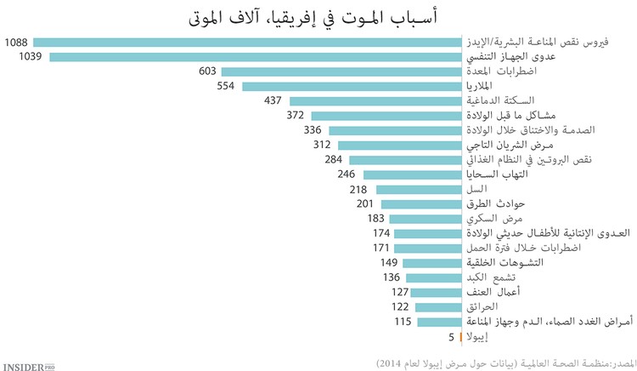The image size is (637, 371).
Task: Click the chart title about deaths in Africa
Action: pyautogui.click(x=318, y=16)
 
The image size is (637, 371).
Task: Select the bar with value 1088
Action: pyautogui.click(x=246, y=42)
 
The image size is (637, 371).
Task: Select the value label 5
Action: pyautogui.click(x=449, y=336)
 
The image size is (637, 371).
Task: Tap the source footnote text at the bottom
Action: pyautogui.click(x=505, y=360)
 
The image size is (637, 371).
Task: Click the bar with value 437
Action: pyautogui.click(x=375, y=100)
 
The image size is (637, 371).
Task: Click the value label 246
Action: pyautogui.click(x=347, y=174)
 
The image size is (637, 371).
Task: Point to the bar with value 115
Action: pyautogui.click(x=438, y=321)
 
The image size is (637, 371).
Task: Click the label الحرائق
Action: pyautogui.click(x=483, y=306)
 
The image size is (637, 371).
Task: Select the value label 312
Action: pyautogui.click(x=325, y=145)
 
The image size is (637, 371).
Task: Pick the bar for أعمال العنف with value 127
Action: pyautogui.click(x=436, y=292)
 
